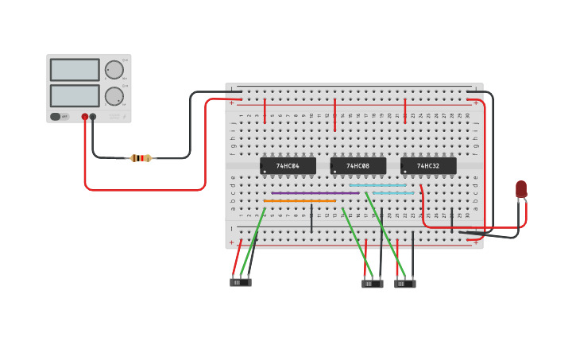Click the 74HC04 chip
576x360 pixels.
288,166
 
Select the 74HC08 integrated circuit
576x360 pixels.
358,166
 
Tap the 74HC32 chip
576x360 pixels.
428,166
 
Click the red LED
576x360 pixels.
521,188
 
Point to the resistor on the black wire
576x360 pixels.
141,158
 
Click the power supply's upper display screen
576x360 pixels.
75,70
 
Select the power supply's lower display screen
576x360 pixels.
75,95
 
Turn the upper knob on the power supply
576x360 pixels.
114,70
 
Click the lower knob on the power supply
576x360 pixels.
114,96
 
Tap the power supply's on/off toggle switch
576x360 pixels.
56,116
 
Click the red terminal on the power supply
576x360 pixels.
85,117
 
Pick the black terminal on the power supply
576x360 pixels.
93,117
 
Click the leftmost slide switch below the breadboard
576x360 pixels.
240,282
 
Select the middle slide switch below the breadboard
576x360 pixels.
372,284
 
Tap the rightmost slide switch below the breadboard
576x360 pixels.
404,284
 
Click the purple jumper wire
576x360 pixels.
315,192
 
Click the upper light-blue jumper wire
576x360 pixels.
377,185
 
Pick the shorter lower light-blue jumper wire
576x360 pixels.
393,193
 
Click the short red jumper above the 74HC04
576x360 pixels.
265,111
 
